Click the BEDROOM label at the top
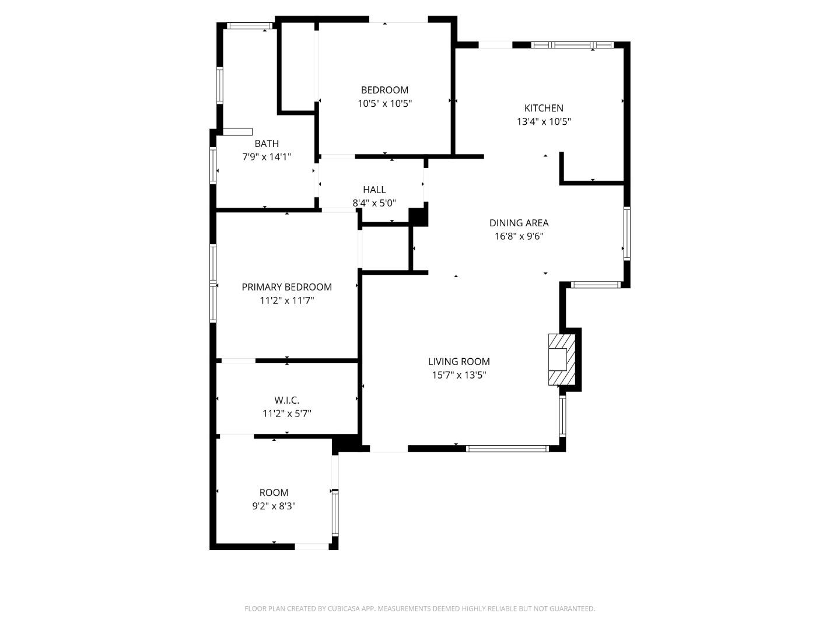point(384,90)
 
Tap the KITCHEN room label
point(544,108)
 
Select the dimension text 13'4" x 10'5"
point(544,122)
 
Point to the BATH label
point(267,143)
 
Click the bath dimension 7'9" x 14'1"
point(267,157)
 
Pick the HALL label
point(374,190)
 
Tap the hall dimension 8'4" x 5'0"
point(374,203)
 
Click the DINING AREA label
point(519,223)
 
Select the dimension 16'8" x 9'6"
point(519,236)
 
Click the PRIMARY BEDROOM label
point(286,287)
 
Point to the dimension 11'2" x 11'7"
point(286,300)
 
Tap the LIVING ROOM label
point(459,362)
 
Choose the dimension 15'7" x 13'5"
point(459,375)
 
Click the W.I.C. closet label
point(286,400)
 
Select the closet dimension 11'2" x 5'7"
point(286,414)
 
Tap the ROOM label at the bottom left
point(274,492)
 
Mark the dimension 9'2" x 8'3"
point(274,506)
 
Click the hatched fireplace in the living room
point(561,359)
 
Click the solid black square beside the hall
point(418,217)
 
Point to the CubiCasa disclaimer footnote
point(419,608)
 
